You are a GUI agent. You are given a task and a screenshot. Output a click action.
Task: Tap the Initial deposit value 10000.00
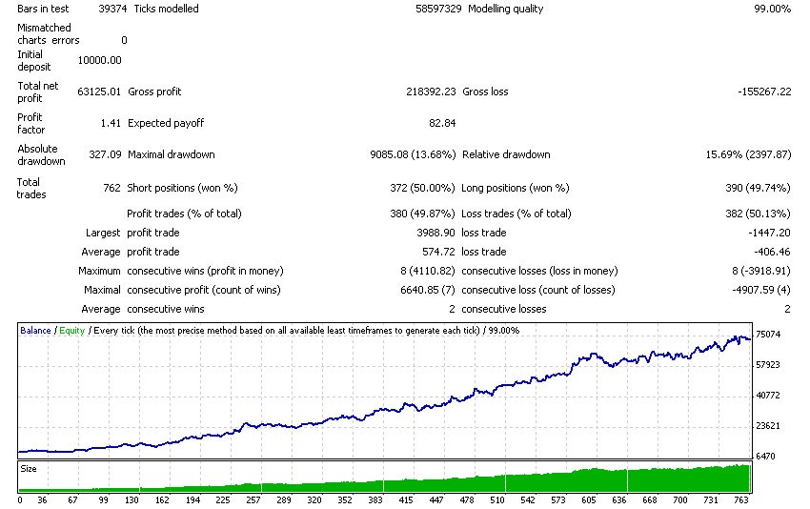99,60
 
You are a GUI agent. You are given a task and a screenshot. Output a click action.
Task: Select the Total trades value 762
111,188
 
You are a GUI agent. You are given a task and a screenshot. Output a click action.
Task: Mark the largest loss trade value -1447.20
768,233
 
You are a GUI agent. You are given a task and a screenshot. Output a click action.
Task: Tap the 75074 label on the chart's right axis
767,335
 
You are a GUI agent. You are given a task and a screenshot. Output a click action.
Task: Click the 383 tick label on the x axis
375,499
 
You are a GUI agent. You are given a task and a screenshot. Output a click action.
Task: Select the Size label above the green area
30,469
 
